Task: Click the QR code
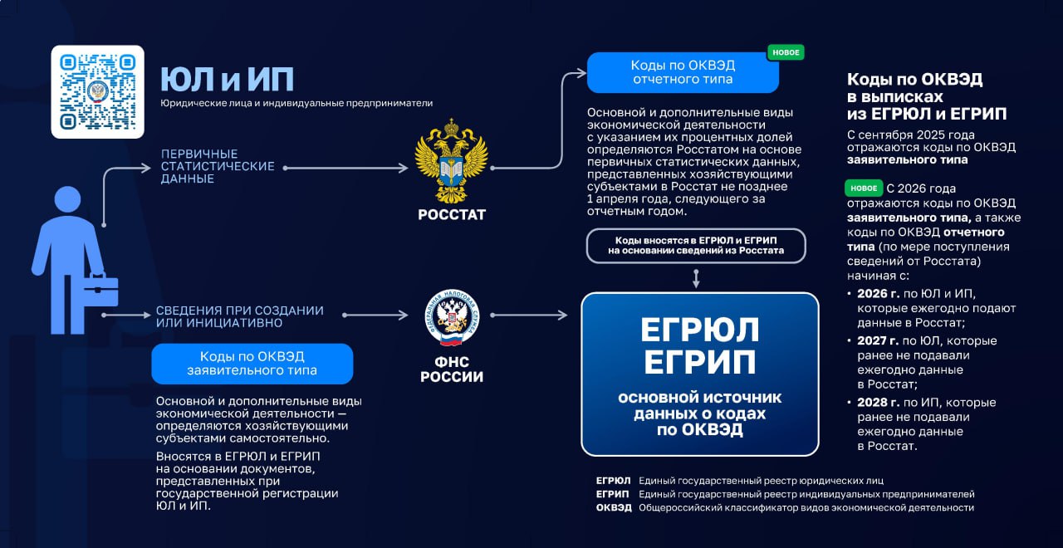[x=98, y=91]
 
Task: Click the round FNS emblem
[x=451, y=317]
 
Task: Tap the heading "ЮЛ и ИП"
[x=227, y=80]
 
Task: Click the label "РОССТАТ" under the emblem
[x=451, y=215]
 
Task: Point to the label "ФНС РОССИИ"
[x=451, y=369]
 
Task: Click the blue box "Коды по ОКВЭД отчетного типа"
[x=683, y=73]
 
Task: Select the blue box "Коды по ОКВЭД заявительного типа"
[x=252, y=364]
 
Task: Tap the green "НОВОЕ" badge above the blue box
[x=786, y=52]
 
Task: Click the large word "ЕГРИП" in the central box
[x=699, y=362]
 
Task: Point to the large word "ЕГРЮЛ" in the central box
[x=699, y=330]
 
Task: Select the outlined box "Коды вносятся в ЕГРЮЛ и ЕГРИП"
[x=695, y=245]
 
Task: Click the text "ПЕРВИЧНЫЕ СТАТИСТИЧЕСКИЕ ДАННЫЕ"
[x=218, y=166]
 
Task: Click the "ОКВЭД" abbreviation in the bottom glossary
[x=614, y=507]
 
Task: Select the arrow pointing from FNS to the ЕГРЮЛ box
[x=528, y=316]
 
